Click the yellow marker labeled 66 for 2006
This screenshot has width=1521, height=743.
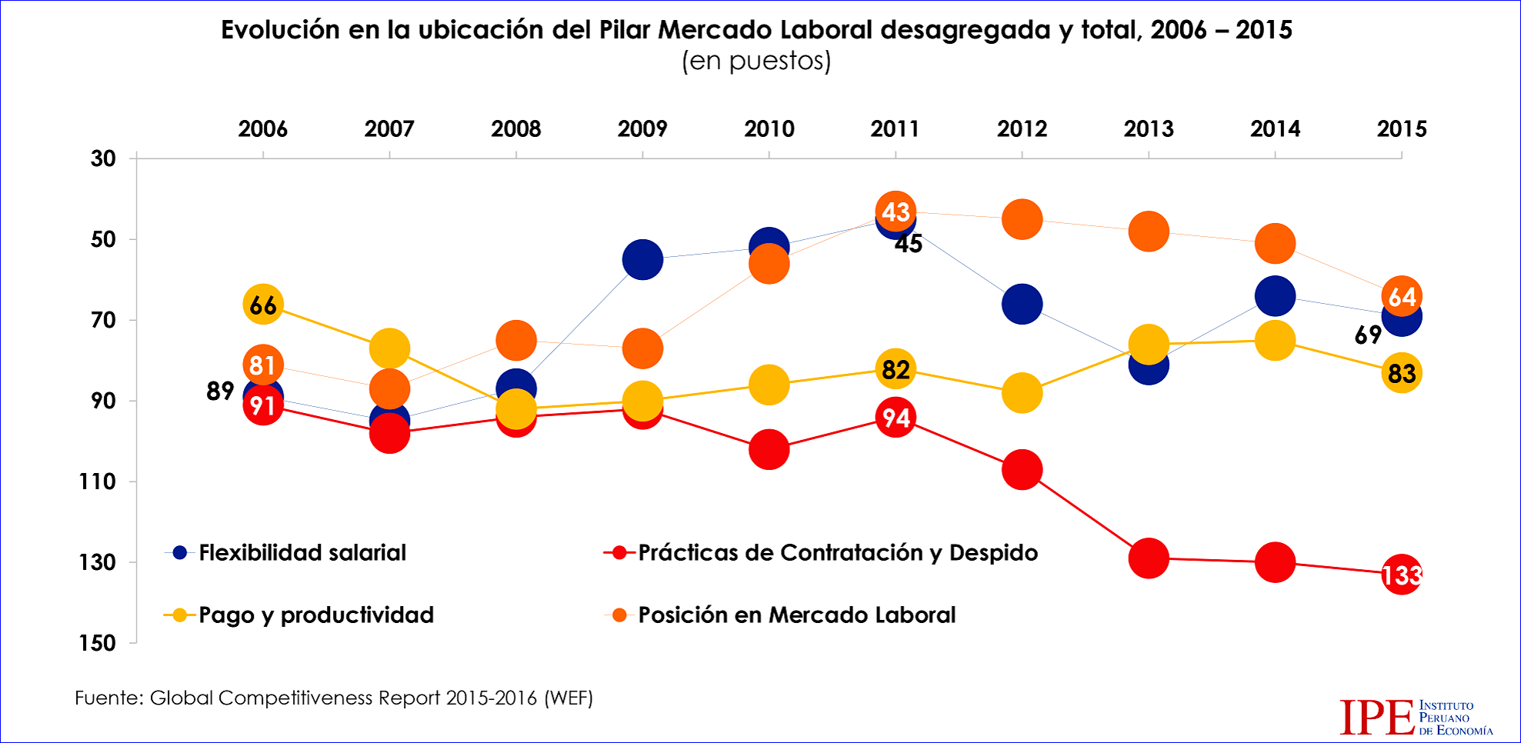pos(263,305)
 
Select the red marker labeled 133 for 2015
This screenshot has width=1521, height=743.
pos(1401,574)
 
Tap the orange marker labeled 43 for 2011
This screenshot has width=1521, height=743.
pos(896,212)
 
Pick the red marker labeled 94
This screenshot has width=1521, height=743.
pos(896,418)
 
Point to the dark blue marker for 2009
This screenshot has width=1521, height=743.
pos(642,259)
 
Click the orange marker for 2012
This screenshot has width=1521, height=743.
pos(1022,219)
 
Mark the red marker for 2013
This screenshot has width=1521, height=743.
pos(1149,558)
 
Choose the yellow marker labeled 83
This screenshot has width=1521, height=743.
pos(1401,373)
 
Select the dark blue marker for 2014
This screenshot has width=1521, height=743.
pos(1275,296)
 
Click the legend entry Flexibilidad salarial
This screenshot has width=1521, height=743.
pos(302,552)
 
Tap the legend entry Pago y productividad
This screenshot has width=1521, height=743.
pos(315,615)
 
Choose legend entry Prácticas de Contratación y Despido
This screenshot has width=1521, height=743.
pos(837,552)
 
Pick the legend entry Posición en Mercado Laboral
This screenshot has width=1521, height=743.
pos(796,615)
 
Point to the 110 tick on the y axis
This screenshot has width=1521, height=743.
pos(97,481)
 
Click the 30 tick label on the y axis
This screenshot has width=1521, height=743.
pos(103,158)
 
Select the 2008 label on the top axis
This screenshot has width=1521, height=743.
pos(515,128)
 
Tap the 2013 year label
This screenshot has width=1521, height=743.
pos(1149,128)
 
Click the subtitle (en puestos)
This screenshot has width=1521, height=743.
pos(756,61)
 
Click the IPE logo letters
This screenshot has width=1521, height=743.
pos(1376,717)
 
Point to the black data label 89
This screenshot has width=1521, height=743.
pos(220,391)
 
